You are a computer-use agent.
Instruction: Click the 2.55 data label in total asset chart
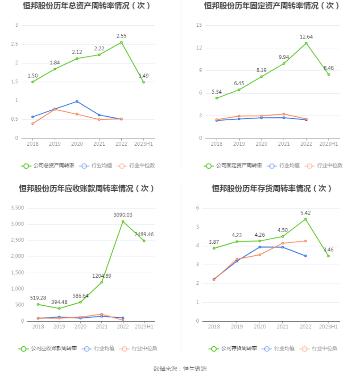point(121,36)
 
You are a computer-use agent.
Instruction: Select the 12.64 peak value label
point(306,37)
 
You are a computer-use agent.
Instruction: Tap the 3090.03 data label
point(123,215)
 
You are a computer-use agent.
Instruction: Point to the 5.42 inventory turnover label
point(306,213)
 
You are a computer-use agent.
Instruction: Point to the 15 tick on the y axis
point(199,25)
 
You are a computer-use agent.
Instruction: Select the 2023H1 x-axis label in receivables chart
point(145,327)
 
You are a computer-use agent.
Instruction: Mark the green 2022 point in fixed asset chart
point(306,43)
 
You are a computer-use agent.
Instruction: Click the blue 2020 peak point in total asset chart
point(77,102)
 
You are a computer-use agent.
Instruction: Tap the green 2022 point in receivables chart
point(123,221)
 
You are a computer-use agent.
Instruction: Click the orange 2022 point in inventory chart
point(306,241)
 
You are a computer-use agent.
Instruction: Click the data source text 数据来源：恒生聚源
point(180,369)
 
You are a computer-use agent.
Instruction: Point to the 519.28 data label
point(39,298)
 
